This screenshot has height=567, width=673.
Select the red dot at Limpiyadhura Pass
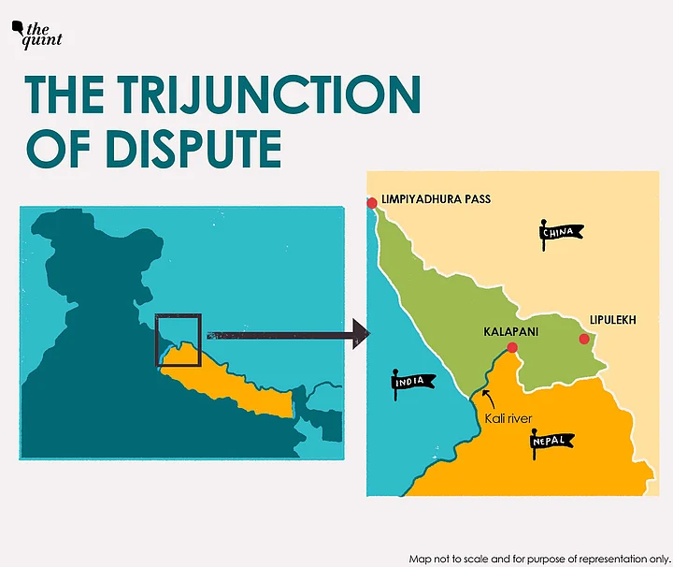(372, 203)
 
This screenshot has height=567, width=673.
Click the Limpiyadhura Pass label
(436, 199)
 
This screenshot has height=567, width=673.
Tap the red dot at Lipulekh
(583, 338)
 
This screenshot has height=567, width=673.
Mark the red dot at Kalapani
(511, 348)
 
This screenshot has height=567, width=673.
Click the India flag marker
(410, 382)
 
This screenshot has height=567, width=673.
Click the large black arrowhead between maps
(359, 334)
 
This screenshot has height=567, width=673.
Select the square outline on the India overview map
(178, 340)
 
